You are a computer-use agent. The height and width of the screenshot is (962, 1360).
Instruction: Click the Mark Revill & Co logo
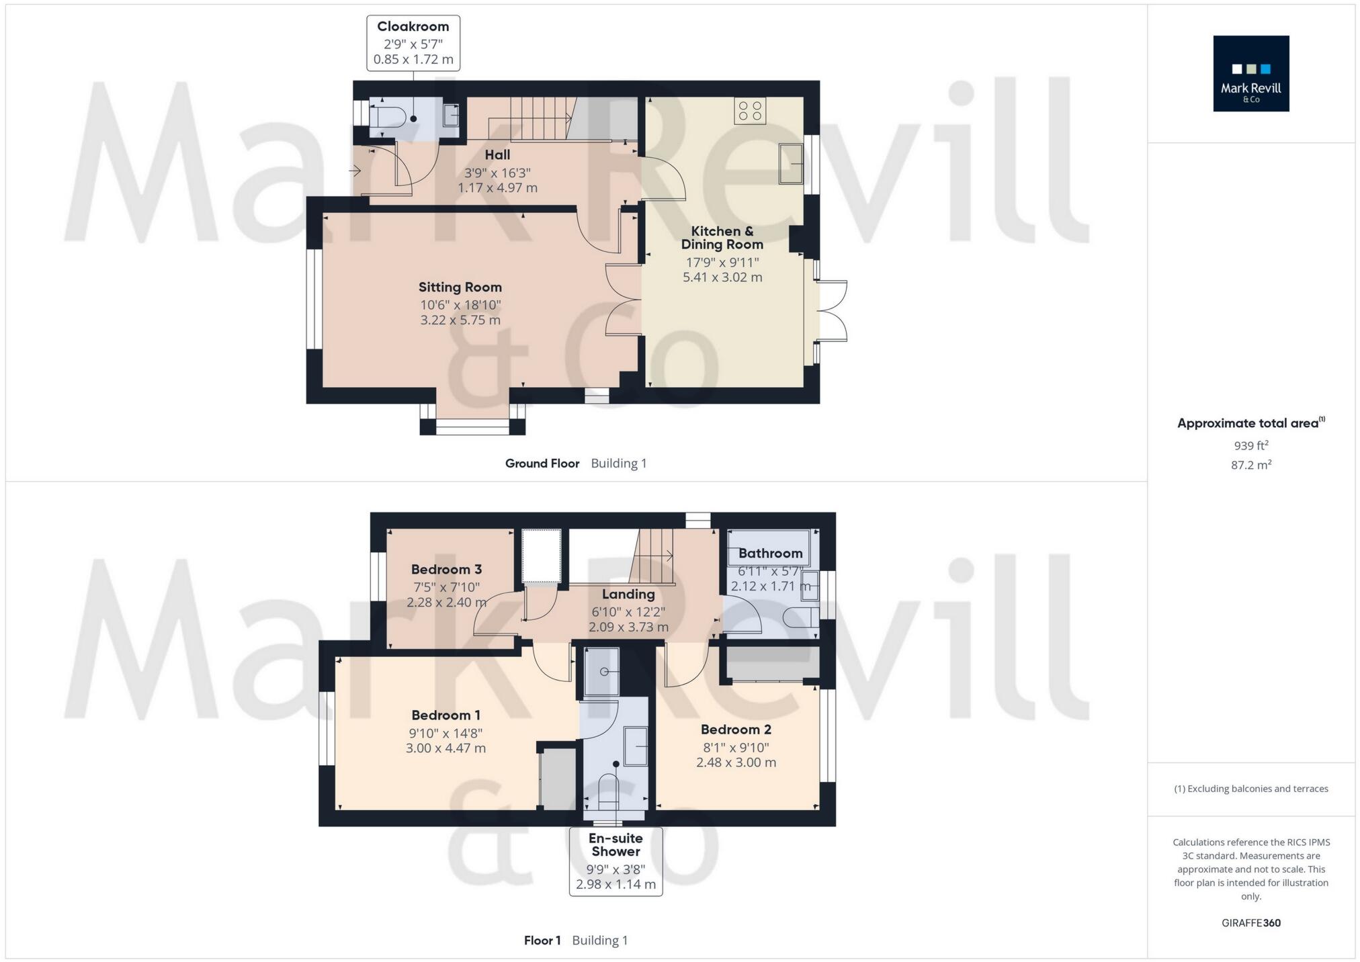tap(1250, 73)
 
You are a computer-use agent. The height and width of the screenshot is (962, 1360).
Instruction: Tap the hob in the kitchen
tap(750, 111)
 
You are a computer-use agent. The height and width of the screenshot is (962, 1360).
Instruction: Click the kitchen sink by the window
tap(790, 163)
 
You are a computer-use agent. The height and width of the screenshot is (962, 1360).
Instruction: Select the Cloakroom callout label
tap(413, 43)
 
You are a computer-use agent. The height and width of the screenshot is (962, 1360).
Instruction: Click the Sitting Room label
tap(460, 287)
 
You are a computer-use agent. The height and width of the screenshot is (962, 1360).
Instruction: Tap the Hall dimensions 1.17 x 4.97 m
tap(497, 188)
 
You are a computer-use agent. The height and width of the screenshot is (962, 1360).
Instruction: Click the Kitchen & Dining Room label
tap(722, 238)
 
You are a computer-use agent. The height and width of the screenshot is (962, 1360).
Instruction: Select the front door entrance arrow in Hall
tap(354, 171)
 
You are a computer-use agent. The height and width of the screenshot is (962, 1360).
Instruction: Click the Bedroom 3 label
tap(446, 569)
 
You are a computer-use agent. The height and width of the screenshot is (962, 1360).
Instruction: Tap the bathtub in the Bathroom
tap(769, 548)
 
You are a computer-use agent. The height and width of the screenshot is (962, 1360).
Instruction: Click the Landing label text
tap(628, 594)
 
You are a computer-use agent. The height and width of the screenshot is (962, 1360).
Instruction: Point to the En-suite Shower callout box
tap(615, 861)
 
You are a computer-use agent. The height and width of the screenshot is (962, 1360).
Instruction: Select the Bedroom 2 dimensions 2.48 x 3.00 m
tap(736, 762)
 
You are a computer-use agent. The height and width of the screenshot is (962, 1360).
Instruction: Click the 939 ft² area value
tap(1250, 445)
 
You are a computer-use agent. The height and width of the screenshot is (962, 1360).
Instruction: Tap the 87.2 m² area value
tap(1250, 465)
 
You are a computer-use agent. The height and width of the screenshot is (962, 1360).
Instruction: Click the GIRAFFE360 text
tap(1250, 922)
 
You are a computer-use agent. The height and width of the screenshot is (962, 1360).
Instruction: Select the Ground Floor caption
tap(542, 463)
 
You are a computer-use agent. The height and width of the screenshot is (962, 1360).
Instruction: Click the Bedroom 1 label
tap(445, 715)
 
